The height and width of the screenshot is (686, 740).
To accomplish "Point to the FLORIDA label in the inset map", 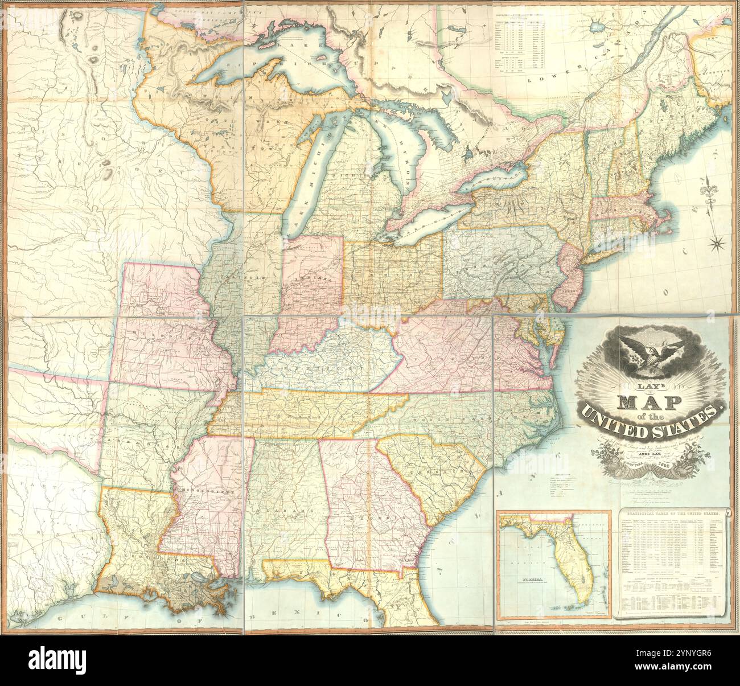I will click(x=529, y=580).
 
